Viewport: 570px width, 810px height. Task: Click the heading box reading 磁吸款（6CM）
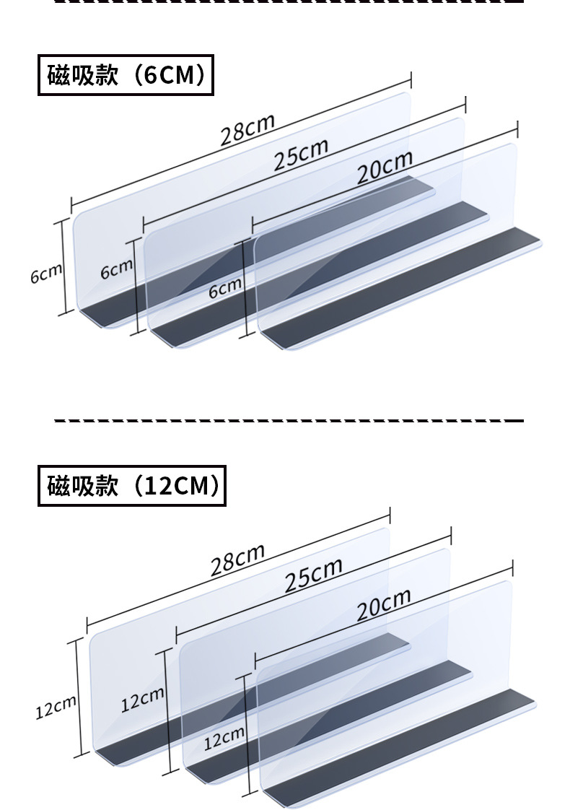126,75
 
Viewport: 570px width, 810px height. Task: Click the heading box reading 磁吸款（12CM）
131,486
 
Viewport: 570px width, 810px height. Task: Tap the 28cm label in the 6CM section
247,130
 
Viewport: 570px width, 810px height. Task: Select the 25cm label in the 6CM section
301,154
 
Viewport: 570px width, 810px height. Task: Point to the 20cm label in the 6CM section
385,167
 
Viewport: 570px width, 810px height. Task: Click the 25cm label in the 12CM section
312,574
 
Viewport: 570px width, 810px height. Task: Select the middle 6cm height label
117,269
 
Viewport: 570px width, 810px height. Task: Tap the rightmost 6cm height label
224,288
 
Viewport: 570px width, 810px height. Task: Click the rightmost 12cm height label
224,737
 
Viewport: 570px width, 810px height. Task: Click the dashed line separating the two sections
289,419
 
